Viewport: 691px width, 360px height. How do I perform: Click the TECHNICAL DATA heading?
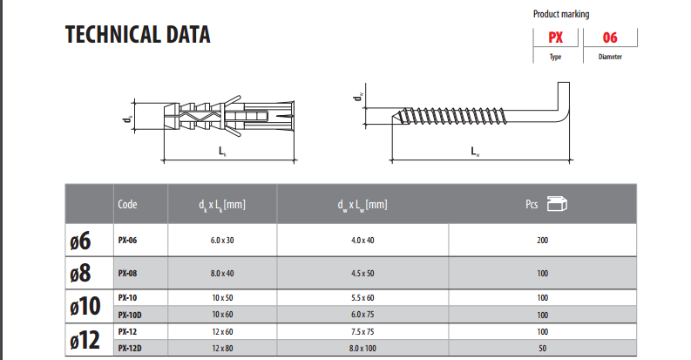tap(138, 35)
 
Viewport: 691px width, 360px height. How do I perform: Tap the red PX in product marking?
tap(555, 37)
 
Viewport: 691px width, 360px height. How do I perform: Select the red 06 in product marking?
tap(610, 37)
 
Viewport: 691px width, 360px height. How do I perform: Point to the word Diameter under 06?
tap(610, 57)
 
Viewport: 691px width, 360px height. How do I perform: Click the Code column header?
tap(127, 205)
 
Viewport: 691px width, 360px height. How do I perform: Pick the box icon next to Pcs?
tap(557, 204)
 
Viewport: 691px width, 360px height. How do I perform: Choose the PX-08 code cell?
tap(127, 273)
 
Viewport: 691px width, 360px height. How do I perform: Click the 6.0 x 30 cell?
tap(222, 241)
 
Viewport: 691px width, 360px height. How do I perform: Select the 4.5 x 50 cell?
tap(362, 273)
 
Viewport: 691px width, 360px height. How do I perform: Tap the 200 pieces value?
tap(543, 241)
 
